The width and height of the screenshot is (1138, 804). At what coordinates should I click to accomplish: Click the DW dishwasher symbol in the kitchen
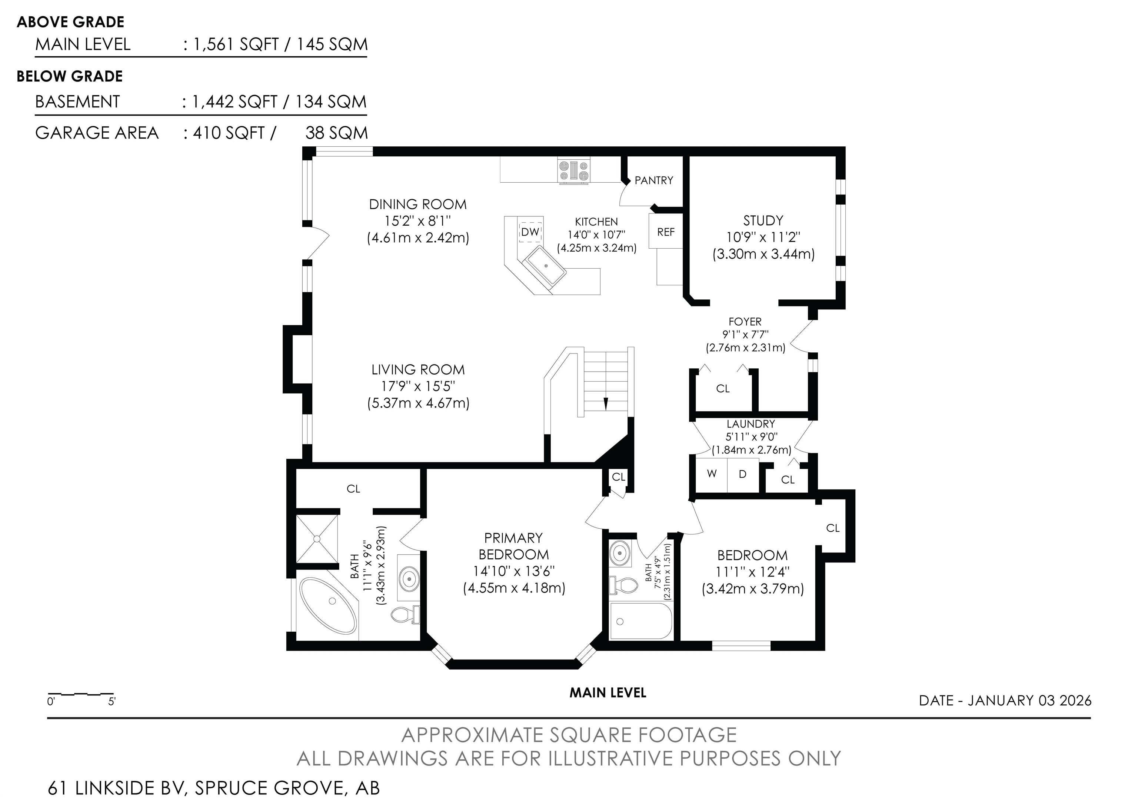coord(530,232)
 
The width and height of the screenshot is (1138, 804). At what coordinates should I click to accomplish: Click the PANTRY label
coord(654,180)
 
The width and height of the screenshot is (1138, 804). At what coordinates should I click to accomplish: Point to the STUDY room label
coord(763,220)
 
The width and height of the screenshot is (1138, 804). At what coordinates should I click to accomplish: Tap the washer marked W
coord(711,475)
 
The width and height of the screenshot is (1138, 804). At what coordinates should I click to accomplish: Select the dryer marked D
coord(743,475)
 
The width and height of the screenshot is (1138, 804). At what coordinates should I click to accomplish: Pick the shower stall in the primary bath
coord(317,539)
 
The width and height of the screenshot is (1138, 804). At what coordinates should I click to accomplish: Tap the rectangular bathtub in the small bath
coord(641,621)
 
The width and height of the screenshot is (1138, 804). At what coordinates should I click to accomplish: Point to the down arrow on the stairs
coord(605,403)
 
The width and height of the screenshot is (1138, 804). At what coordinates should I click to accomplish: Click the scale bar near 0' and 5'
coord(81,694)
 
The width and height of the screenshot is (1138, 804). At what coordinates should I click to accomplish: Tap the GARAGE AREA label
coord(97,133)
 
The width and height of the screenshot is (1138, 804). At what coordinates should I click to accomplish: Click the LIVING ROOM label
coord(418,370)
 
